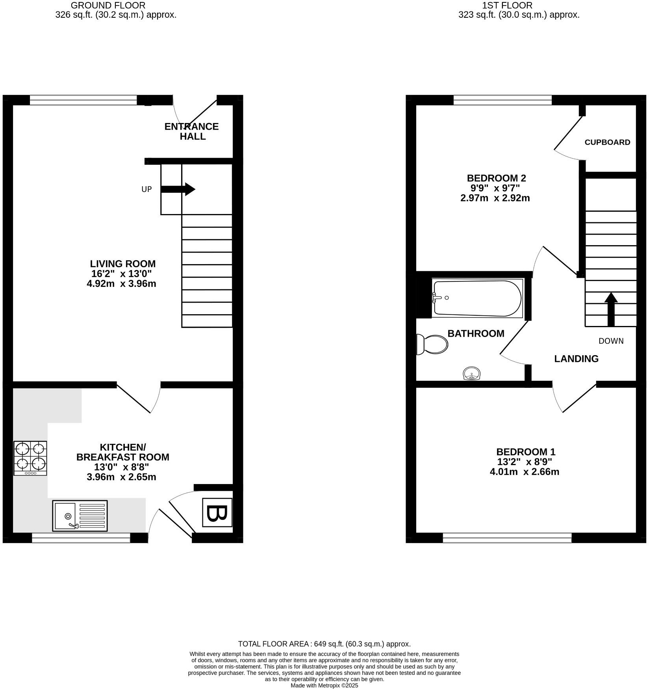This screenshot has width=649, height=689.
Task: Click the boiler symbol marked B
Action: (217, 512)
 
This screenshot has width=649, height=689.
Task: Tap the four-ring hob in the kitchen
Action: (30, 458)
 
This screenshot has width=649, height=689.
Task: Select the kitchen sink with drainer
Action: (80, 516)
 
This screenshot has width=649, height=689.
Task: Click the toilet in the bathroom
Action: (432, 344)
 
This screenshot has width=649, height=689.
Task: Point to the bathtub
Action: (477, 298)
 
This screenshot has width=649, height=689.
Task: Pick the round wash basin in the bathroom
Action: (471, 373)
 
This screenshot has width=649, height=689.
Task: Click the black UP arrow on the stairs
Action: (178, 189)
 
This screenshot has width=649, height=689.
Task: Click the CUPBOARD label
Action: (607, 142)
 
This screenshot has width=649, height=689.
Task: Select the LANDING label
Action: (576, 359)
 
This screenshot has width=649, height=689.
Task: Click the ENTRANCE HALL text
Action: (191, 131)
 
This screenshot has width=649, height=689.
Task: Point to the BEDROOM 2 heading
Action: (496, 178)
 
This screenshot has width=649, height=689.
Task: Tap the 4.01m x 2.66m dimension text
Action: (524, 472)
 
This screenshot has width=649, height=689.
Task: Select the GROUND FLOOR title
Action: (108, 6)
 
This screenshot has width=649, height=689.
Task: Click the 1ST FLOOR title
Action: (507, 6)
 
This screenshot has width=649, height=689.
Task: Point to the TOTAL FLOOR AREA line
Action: (324, 644)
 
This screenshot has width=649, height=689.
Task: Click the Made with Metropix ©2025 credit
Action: (324, 685)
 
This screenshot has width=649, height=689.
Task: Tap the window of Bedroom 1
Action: (507, 538)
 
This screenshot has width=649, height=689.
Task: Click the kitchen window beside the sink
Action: (81, 538)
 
